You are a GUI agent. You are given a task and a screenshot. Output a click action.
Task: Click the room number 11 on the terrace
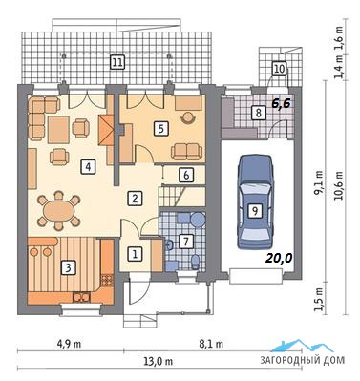tap(117, 62)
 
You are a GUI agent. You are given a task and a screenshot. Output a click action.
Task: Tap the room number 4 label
tap(88, 166)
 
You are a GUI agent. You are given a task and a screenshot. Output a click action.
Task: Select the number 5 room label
tap(160, 129)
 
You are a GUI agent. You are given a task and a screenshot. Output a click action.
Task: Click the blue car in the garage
tap(256, 201)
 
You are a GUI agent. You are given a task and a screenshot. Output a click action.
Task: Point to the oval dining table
tap(59, 210)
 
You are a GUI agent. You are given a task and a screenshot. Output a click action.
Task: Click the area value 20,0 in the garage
tap(280, 259)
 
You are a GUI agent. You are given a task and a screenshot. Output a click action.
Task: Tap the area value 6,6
tap(281, 103)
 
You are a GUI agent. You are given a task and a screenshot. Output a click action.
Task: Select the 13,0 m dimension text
tap(160, 362)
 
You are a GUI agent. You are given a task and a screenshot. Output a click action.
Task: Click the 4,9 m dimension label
tap(71, 344)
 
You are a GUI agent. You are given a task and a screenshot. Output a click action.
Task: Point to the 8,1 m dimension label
tap(212, 344)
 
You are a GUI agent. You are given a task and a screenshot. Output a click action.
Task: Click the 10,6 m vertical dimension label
tap(340, 185)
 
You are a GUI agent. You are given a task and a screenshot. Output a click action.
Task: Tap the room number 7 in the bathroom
tap(186, 242)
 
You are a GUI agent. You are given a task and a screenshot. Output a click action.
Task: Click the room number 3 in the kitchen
tap(68, 267)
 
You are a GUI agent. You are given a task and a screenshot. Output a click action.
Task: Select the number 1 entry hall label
tap(135, 254)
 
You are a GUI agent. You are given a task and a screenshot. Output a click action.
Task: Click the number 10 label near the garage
tap(279, 69)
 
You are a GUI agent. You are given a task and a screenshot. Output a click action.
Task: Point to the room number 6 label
tap(186, 175)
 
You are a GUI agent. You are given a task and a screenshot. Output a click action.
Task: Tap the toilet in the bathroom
tap(195, 262)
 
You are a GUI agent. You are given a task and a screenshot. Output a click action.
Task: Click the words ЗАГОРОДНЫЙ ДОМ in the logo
tap(302, 360)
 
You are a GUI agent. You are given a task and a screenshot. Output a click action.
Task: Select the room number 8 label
tap(259, 113)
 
